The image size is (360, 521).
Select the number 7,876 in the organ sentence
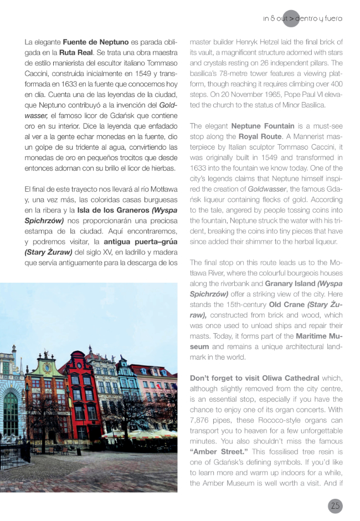[x=203, y=420]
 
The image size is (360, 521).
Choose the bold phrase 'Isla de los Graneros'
[x=111, y=210]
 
